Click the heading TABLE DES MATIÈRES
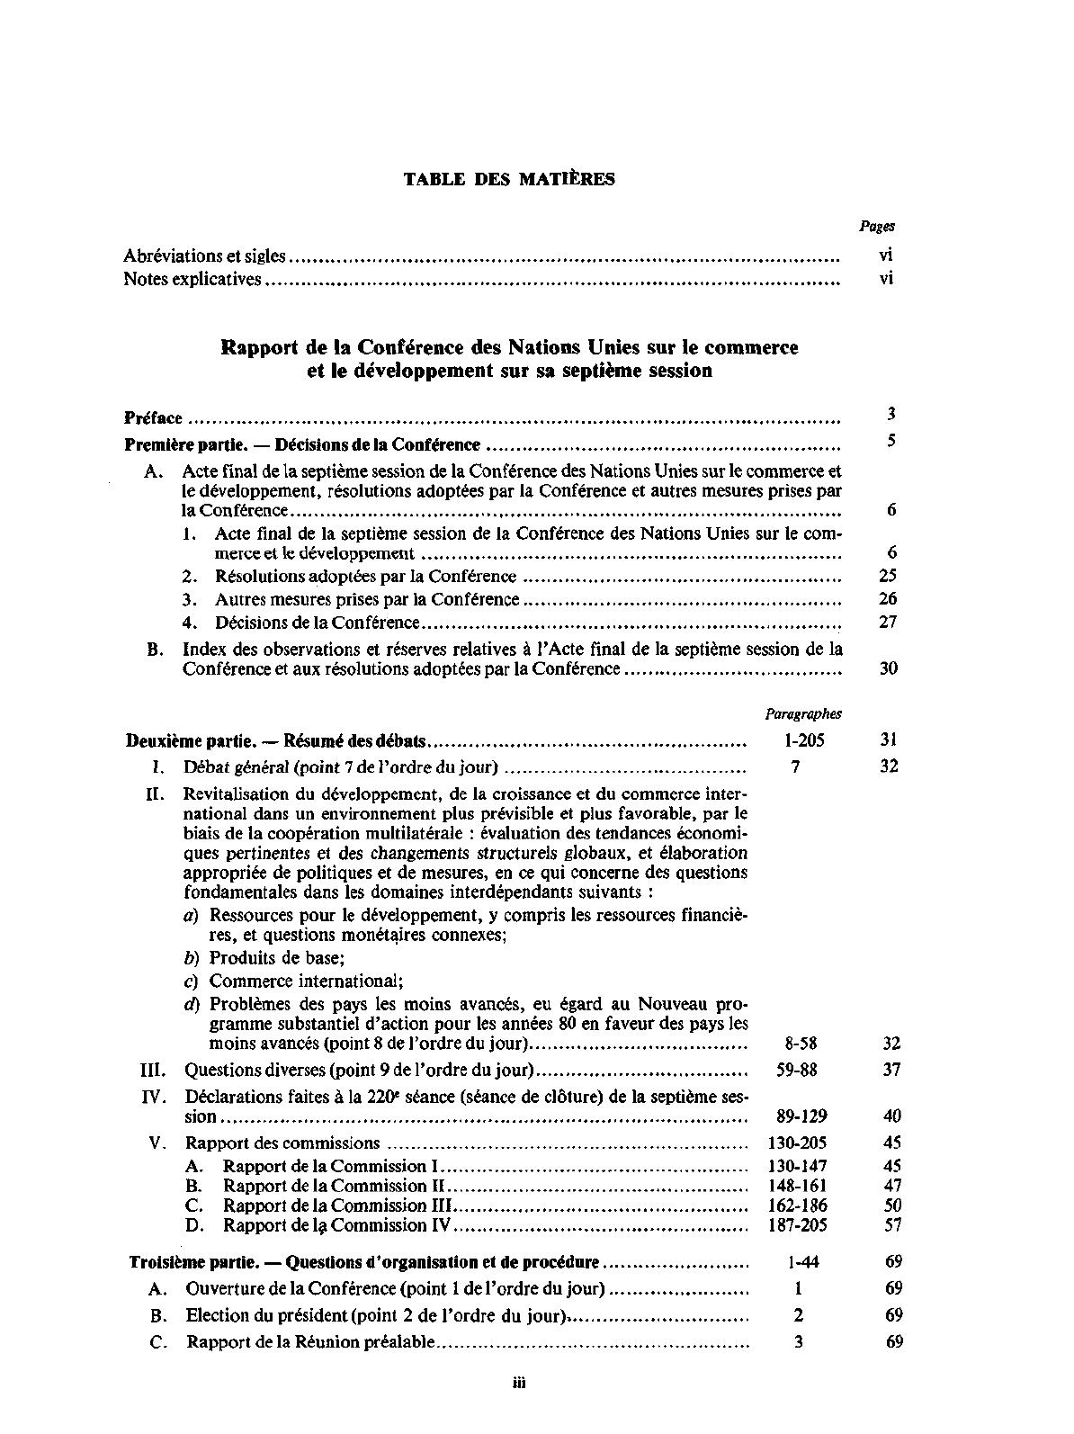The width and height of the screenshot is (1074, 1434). pyautogui.click(x=509, y=179)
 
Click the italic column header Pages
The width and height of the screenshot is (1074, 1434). pyautogui.click(x=877, y=227)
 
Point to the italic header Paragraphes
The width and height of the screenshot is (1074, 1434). pyautogui.click(x=803, y=714)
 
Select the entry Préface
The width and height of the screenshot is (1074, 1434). pyautogui.click(x=153, y=418)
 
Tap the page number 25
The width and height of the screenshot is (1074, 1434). pyautogui.click(x=888, y=576)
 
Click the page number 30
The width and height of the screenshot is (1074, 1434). pyautogui.click(x=888, y=668)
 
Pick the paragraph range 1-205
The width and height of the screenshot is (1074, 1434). pyautogui.click(x=798, y=741)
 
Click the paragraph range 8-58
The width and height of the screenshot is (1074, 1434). pyautogui.click(x=796, y=1044)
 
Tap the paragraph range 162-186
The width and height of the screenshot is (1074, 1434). pyautogui.click(x=797, y=1205)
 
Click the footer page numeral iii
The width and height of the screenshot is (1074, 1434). pyautogui.click(x=519, y=1383)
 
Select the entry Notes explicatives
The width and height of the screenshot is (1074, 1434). pyautogui.click(x=192, y=280)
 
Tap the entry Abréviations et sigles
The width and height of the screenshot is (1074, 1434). pyautogui.click(x=204, y=256)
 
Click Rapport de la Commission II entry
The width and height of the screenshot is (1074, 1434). pyautogui.click(x=335, y=1186)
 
